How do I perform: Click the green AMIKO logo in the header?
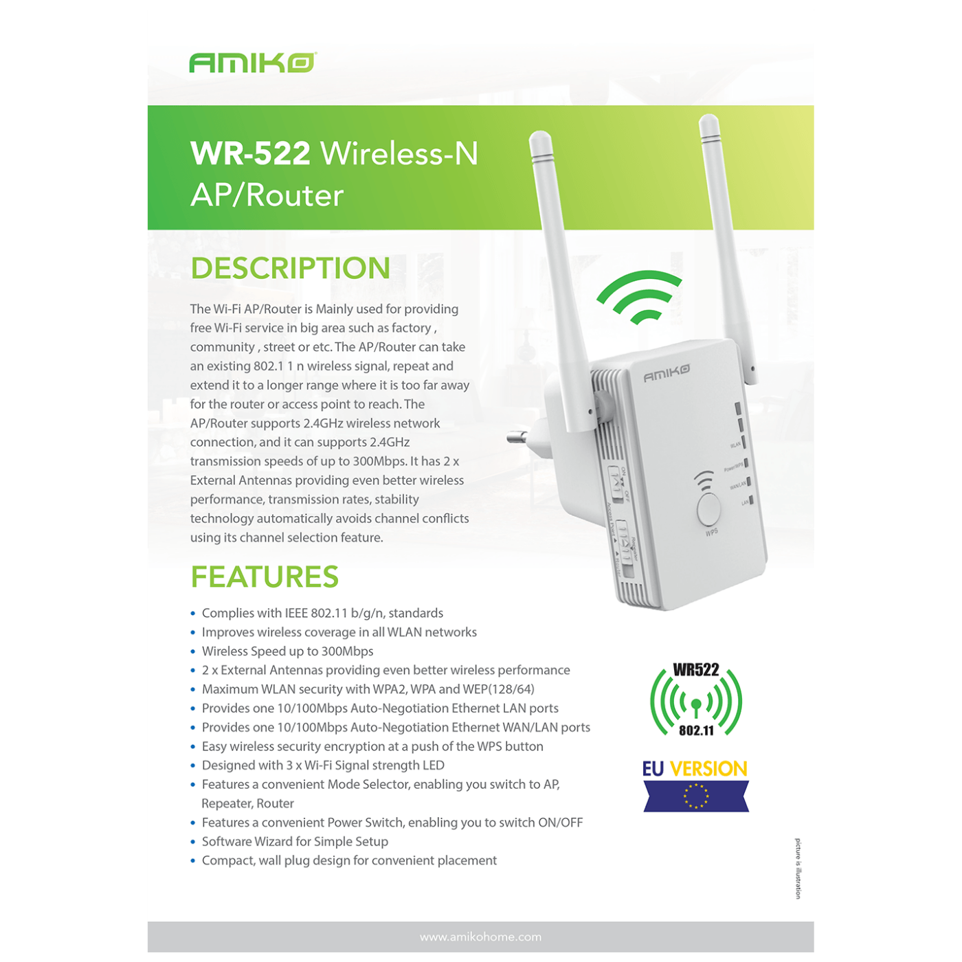click(x=253, y=63)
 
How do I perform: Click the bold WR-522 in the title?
click(x=250, y=153)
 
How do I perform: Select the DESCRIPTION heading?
click(x=290, y=268)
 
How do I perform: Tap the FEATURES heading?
click(x=265, y=577)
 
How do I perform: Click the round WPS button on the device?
click(x=708, y=508)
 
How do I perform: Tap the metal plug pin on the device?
click(x=518, y=437)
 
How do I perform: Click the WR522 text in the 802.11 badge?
click(x=696, y=670)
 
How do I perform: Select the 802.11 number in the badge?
click(x=696, y=731)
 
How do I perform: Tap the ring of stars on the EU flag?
click(x=696, y=796)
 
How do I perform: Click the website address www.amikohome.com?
click(x=480, y=937)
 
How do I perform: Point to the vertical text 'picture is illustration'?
click(x=798, y=869)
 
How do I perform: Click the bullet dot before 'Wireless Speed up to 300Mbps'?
click(x=193, y=652)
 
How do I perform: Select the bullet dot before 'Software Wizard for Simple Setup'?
click(x=193, y=842)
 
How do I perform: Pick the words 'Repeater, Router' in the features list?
click(x=247, y=804)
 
